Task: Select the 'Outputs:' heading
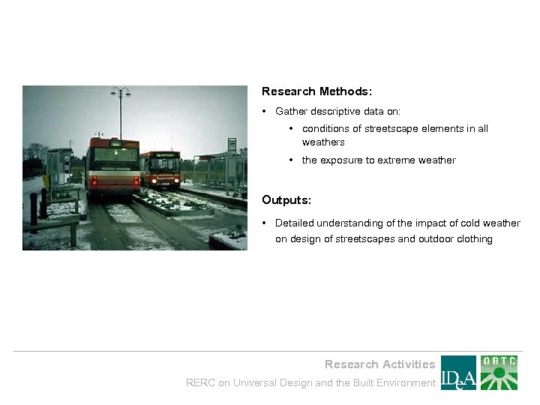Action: (286, 200)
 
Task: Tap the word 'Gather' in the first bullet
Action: (291, 111)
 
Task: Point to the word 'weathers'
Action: (323, 142)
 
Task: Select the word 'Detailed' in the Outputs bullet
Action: (295, 223)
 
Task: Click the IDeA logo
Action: (458, 373)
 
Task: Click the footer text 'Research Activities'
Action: (379, 364)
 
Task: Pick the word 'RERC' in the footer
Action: (200, 383)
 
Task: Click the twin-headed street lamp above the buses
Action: (120, 93)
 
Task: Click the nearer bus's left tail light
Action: (94, 180)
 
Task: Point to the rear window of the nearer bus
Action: (115, 155)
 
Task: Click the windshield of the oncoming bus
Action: (164, 165)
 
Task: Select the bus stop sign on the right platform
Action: (232, 145)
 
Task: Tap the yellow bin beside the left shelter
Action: (46, 181)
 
